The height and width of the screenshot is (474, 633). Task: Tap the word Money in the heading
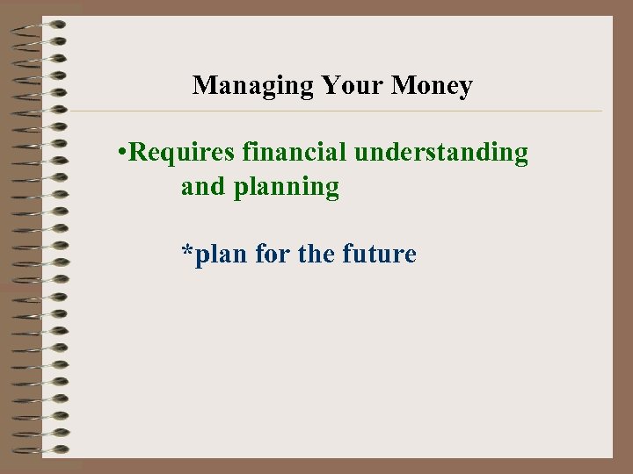[432, 85]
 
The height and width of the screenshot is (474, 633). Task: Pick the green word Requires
[181, 153]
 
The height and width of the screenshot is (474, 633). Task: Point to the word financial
[295, 153]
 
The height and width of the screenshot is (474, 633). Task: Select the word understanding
[441, 153]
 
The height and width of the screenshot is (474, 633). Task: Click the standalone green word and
[203, 187]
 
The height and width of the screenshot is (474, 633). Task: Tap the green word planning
[287, 188]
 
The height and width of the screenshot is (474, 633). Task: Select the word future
[383, 255]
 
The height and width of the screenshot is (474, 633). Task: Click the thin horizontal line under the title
[334, 111]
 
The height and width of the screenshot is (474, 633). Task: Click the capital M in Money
[403, 85]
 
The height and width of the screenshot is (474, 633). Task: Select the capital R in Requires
[137, 153]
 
